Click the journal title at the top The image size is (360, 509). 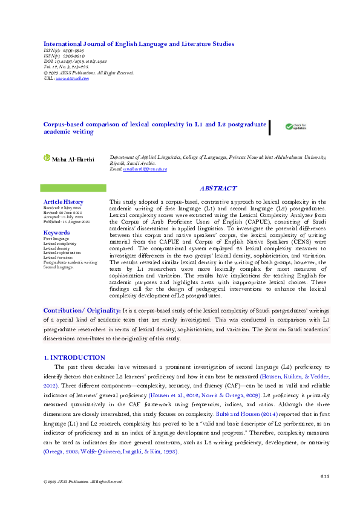tap(139, 44)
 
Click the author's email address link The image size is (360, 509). tap(145, 169)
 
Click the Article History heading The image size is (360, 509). tap(64, 201)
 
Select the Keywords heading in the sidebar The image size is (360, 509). tap(57, 232)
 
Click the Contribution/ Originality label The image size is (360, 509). tap(82, 310)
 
